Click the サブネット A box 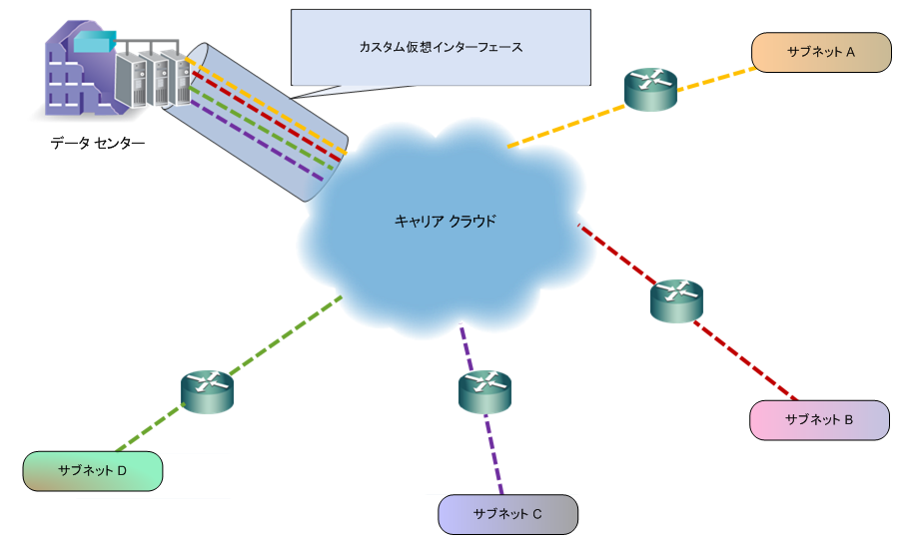820,52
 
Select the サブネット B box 818,420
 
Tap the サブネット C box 507,514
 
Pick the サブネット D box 92,470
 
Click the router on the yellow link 650,89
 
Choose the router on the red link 676,299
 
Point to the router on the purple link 484,390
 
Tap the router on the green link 207,390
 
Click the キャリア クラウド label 445,221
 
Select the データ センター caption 98,144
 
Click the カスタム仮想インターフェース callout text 441,47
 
